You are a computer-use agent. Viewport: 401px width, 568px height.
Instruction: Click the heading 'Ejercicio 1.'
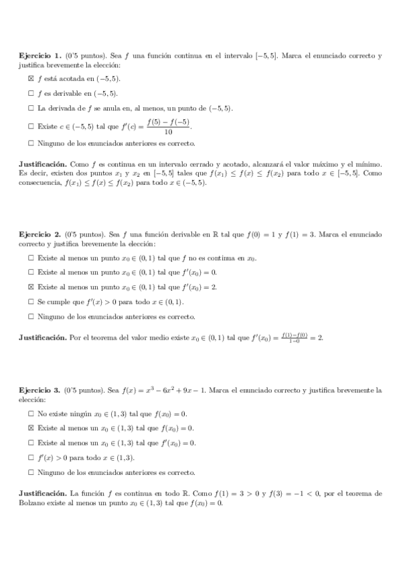point(40,56)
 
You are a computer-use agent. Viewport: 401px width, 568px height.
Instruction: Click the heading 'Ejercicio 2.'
point(40,234)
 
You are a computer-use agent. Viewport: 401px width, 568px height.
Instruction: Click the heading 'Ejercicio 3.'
point(40,389)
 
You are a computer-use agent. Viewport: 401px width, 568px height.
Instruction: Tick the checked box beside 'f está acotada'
point(31,79)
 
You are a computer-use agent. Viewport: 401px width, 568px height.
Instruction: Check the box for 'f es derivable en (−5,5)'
point(31,93)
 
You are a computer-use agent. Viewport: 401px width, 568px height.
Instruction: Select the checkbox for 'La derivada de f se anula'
point(31,108)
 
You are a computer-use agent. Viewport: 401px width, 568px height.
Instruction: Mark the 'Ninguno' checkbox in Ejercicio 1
point(31,143)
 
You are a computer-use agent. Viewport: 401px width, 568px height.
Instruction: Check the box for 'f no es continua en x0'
point(31,258)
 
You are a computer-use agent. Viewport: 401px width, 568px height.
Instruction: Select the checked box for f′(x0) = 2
point(31,287)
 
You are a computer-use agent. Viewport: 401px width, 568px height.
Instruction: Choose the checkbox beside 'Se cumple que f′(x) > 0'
point(31,301)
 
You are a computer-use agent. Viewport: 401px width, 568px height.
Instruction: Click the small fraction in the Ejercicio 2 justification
point(294,337)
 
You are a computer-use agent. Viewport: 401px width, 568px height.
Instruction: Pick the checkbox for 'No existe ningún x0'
point(31,413)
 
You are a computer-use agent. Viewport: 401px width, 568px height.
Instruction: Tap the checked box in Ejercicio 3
point(31,427)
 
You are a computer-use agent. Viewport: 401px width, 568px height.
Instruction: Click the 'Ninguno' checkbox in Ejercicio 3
point(31,472)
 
